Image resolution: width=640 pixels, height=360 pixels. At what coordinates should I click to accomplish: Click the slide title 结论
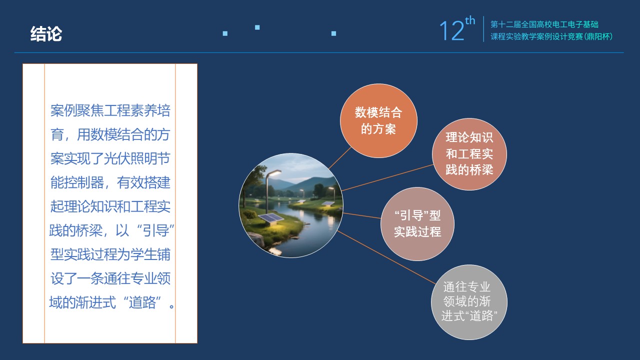[x=46, y=34]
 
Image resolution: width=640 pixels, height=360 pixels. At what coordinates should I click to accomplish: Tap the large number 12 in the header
[x=451, y=31]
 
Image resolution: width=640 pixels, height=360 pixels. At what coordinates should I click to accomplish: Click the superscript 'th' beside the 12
[x=470, y=20]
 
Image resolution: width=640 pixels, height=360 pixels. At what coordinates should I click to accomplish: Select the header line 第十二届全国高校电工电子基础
[x=544, y=24]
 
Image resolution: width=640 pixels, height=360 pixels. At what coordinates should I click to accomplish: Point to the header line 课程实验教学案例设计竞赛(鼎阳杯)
[x=551, y=36]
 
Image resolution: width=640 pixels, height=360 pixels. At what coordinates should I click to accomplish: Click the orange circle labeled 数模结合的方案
[x=378, y=120]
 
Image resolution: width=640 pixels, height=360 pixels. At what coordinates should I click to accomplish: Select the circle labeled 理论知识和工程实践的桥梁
[x=469, y=154]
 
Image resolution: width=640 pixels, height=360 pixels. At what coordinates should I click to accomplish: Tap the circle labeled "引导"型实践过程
[x=417, y=223]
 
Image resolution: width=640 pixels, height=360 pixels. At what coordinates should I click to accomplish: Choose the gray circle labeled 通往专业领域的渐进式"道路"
[x=469, y=302]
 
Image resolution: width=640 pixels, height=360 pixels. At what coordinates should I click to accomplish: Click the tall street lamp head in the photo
[x=273, y=173]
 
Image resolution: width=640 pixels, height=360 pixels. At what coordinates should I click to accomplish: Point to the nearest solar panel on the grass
[x=270, y=218]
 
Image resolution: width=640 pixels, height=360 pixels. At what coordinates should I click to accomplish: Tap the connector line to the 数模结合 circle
[x=339, y=158]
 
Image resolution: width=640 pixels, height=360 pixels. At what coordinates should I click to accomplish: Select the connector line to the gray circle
[x=386, y=257]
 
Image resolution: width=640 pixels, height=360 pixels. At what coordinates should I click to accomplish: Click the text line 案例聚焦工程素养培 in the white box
[x=110, y=110]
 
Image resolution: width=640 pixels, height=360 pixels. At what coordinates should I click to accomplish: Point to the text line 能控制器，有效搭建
[x=110, y=182]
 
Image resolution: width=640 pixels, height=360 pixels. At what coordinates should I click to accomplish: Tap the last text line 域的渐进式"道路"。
[x=111, y=302]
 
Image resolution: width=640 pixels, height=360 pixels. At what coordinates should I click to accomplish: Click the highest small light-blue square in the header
[x=257, y=27]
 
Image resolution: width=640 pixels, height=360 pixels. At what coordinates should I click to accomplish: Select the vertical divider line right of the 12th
[x=483, y=29]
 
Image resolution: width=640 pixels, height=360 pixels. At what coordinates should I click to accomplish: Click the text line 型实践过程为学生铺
[x=110, y=254]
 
